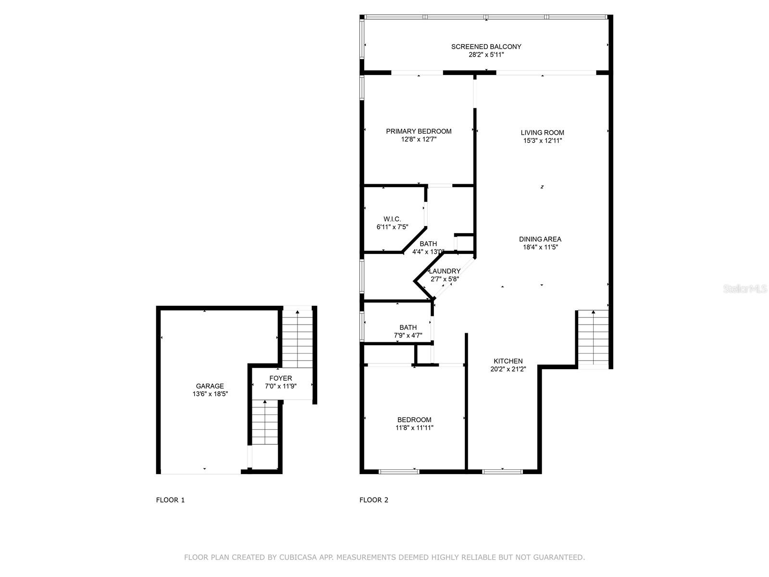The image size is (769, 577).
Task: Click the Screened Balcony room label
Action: coord(486,47)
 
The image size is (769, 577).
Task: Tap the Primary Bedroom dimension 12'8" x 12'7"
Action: coord(419,139)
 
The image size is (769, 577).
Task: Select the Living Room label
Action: coord(542,133)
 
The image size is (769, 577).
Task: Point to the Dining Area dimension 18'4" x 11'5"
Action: coord(540,247)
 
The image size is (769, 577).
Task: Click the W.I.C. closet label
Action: coord(392,219)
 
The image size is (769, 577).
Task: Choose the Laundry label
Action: coord(445,271)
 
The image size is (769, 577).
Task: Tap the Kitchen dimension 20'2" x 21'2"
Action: coord(508,369)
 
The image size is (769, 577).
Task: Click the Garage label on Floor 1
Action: coord(210,386)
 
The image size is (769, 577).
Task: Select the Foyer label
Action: coord(281,378)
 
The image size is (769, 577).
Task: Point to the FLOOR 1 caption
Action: coord(170,500)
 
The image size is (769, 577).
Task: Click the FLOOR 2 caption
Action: coord(374,500)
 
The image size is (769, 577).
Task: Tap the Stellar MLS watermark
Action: coord(745,289)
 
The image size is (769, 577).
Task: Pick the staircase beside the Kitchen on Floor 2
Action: coord(593,338)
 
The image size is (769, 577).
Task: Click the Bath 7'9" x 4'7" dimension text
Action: coord(408,336)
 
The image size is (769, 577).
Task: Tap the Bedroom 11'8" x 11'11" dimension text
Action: coord(414,428)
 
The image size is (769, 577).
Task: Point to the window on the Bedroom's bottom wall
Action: coord(399,472)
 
